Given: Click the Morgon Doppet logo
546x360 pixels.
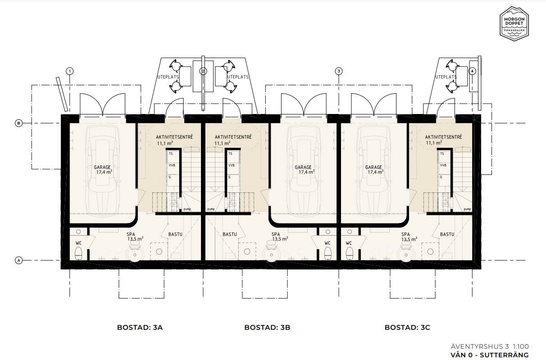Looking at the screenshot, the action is pyautogui.click(x=514, y=23).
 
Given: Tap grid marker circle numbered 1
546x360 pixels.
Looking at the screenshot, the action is pyautogui.click(x=70, y=71).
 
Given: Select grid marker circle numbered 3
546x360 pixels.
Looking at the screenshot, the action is pyautogui.click(x=339, y=71).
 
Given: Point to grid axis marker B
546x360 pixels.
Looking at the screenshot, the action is pyautogui.click(x=18, y=123).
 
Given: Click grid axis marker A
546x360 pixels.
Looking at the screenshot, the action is pyautogui.click(x=18, y=260).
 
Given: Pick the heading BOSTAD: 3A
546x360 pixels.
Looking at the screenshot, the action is pyautogui.click(x=140, y=328).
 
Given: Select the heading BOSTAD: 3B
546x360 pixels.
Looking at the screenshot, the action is pyautogui.click(x=268, y=328).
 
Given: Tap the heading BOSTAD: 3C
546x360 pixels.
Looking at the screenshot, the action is pyautogui.click(x=407, y=328).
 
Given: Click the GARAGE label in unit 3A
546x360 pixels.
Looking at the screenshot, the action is pyautogui.click(x=102, y=168).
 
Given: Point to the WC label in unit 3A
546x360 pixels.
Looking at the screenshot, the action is pyautogui.click(x=78, y=243).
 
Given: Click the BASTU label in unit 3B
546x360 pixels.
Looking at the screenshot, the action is pyautogui.click(x=230, y=234).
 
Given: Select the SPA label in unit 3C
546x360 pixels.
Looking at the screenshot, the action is pyautogui.click(x=405, y=234).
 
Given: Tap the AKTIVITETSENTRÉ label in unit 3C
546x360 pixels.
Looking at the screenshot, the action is pyautogui.click(x=443, y=137).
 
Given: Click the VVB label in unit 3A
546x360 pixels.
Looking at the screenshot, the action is pyautogui.click(x=172, y=165).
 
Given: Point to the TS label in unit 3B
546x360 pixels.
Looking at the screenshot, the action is pyautogui.click(x=230, y=154).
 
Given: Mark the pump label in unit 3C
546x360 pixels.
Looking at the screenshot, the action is pyautogui.click(x=467, y=209).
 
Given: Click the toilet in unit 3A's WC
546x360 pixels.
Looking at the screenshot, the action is pyautogui.click(x=78, y=253).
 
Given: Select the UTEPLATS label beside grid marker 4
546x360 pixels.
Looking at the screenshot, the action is pyautogui.click(x=446, y=77).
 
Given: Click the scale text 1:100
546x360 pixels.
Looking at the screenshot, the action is pyautogui.click(x=520, y=346).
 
